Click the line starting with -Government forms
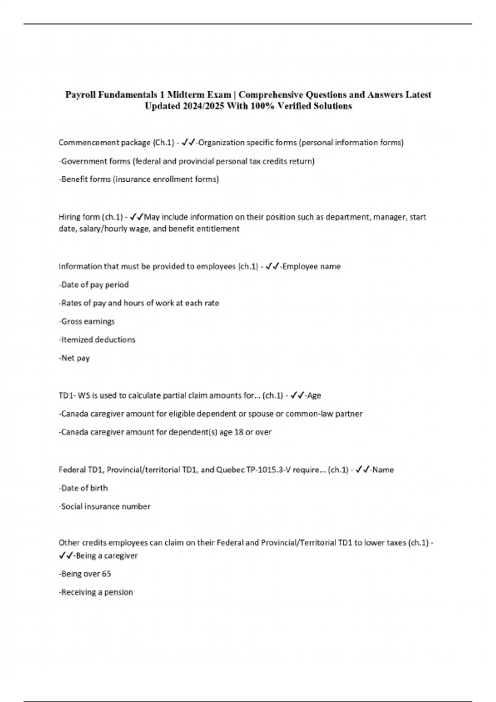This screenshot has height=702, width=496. click(186, 161)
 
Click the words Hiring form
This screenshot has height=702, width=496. click(78, 217)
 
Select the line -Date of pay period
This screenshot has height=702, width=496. click(94, 285)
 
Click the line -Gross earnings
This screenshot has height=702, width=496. click(87, 321)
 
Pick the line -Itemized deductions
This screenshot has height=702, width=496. click(97, 339)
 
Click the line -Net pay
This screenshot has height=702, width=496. click(74, 358)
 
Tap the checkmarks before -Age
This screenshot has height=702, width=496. click(298, 395)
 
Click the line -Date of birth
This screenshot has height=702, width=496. click(83, 488)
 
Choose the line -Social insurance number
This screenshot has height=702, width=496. click(105, 506)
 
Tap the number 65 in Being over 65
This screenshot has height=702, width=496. click(107, 574)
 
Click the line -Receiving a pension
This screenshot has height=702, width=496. click(96, 592)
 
